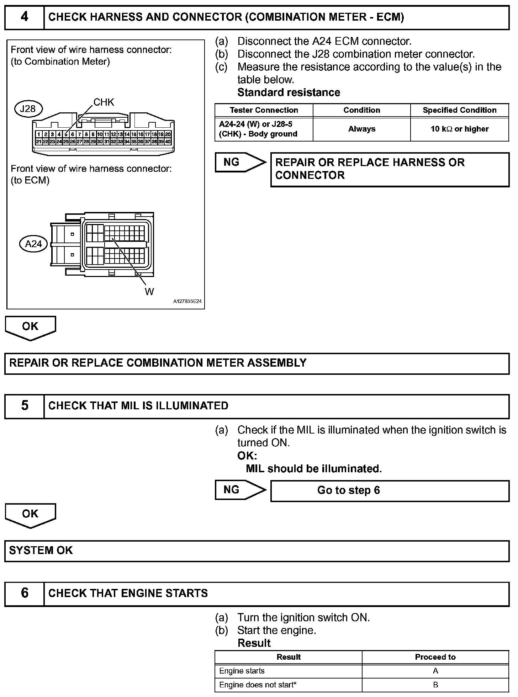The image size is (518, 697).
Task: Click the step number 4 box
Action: click(x=24, y=17)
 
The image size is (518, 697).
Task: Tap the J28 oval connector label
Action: click(x=28, y=108)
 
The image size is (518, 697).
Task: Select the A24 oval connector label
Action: click(x=33, y=244)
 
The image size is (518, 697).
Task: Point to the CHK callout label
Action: click(x=104, y=102)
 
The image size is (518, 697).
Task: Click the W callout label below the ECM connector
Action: click(x=149, y=292)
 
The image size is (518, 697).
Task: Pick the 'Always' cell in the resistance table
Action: click(x=361, y=129)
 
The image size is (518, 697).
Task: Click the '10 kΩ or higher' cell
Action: click(x=459, y=129)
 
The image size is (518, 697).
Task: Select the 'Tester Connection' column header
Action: click(x=264, y=110)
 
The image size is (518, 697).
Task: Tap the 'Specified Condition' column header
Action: click(x=459, y=110)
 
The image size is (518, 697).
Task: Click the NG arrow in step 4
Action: click(x=240, y=163)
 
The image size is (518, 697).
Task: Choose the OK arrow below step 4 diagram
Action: click(x=30, y=327)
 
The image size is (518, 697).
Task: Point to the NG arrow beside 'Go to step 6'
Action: click(x=240, y=490)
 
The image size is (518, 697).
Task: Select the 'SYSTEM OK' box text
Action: click(x=41, y=550)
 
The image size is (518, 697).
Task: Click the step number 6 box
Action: click(x=24, y=593)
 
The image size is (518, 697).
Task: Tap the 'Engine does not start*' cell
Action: click(x=258, y=685)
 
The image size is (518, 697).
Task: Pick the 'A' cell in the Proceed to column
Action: click(x=435, y=671)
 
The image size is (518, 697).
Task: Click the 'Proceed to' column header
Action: click(x=435, y=657)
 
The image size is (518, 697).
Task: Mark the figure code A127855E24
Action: click(x=187, y=302)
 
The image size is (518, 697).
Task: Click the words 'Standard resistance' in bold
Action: click(x=289, y=92)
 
